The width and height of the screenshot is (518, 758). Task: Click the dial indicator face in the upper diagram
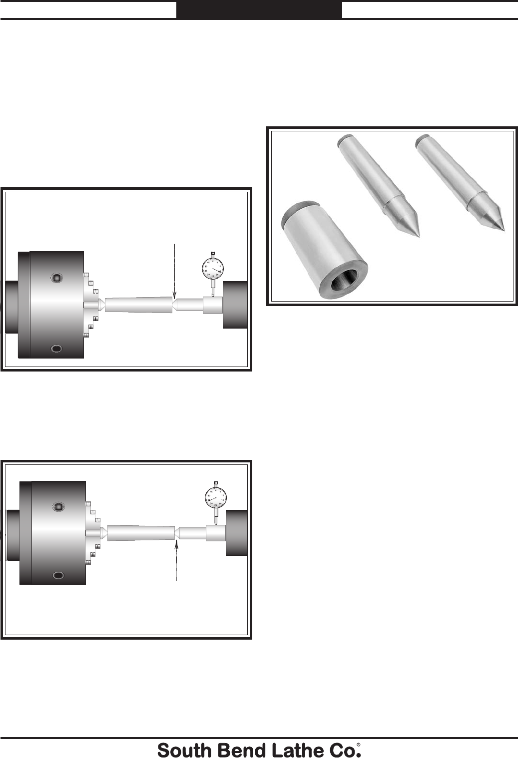(213, 271)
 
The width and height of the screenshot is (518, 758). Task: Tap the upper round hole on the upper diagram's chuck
(57, 278)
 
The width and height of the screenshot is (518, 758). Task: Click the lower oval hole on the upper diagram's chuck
(56, 348)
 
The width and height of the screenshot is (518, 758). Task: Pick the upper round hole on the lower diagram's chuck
(58, 507)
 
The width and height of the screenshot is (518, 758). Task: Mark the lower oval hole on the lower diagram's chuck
(58, 575)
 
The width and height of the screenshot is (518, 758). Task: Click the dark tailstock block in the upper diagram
(235, 305)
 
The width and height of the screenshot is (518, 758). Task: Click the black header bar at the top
(259, 9)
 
